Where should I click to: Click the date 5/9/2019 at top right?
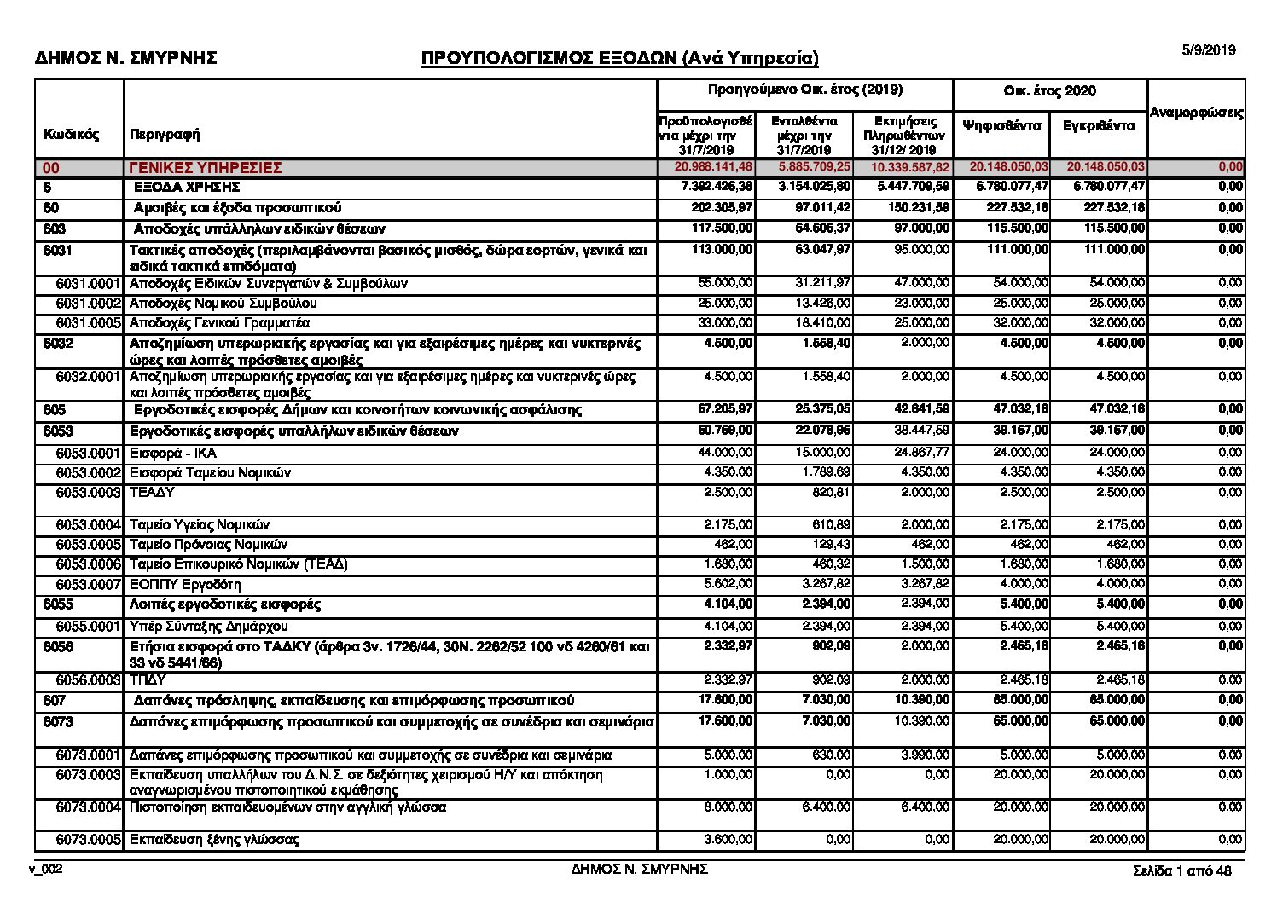click(x=1208, y=50)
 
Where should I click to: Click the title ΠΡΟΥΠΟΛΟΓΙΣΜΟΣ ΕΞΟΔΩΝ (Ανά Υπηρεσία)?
click(x=619, y=58)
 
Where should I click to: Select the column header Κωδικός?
click(x=72, y=134)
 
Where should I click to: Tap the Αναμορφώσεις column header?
click(x=1196, y=113)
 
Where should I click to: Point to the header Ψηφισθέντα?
click(x=1001, y=125)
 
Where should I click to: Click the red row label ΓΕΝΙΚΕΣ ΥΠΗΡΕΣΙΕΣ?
click(x=206, y=168)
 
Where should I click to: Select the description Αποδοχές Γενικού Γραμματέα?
click(x=219, y=323)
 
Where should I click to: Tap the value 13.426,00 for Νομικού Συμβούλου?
click(x=826, y=304)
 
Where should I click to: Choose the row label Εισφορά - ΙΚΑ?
click(x=172, y=452)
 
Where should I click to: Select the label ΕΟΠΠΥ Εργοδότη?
click(x=185, y=584)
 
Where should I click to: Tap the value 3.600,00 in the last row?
click(x=728, y=840)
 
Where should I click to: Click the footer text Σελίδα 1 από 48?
click(x=1181, y=870)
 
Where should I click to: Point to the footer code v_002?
click(x=46, y=869)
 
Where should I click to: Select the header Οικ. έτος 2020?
click(x=1049, y=91)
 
